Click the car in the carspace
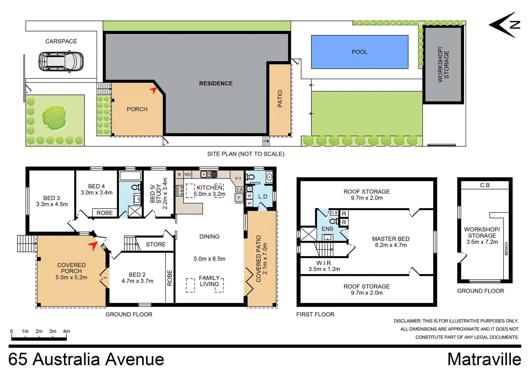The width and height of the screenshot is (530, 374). click(x=61, y=61)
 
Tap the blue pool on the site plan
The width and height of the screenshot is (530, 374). click(x=359, y=52)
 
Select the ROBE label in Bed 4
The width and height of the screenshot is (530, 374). click(x=105, y=213)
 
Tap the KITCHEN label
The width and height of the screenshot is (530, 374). click(x=209, y=188)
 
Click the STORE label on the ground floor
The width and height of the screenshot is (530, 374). click(x=156, y=244)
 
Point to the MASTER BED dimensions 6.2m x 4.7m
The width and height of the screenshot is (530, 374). click(x=391, y=245)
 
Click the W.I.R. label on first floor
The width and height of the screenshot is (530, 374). click(x=324, y=263)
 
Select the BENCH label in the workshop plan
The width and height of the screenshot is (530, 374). click(x=506, y=249)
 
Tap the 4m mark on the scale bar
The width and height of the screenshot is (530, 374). click(x=66, y=331)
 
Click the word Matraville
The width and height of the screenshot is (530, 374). click(x=484, y=359)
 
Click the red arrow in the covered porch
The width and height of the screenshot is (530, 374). click(x=93, y=245)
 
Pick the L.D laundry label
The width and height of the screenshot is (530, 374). click(x=263, y=197)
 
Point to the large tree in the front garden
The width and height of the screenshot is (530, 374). click(x=54, y=118)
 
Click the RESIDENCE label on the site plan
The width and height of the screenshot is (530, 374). click(x=216, y=83)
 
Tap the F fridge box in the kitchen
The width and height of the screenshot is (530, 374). click(x=239, y=198)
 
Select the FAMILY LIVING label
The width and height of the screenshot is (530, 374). click(x=209, y=281)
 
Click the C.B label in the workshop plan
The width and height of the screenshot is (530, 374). click(x=484, y=185)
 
